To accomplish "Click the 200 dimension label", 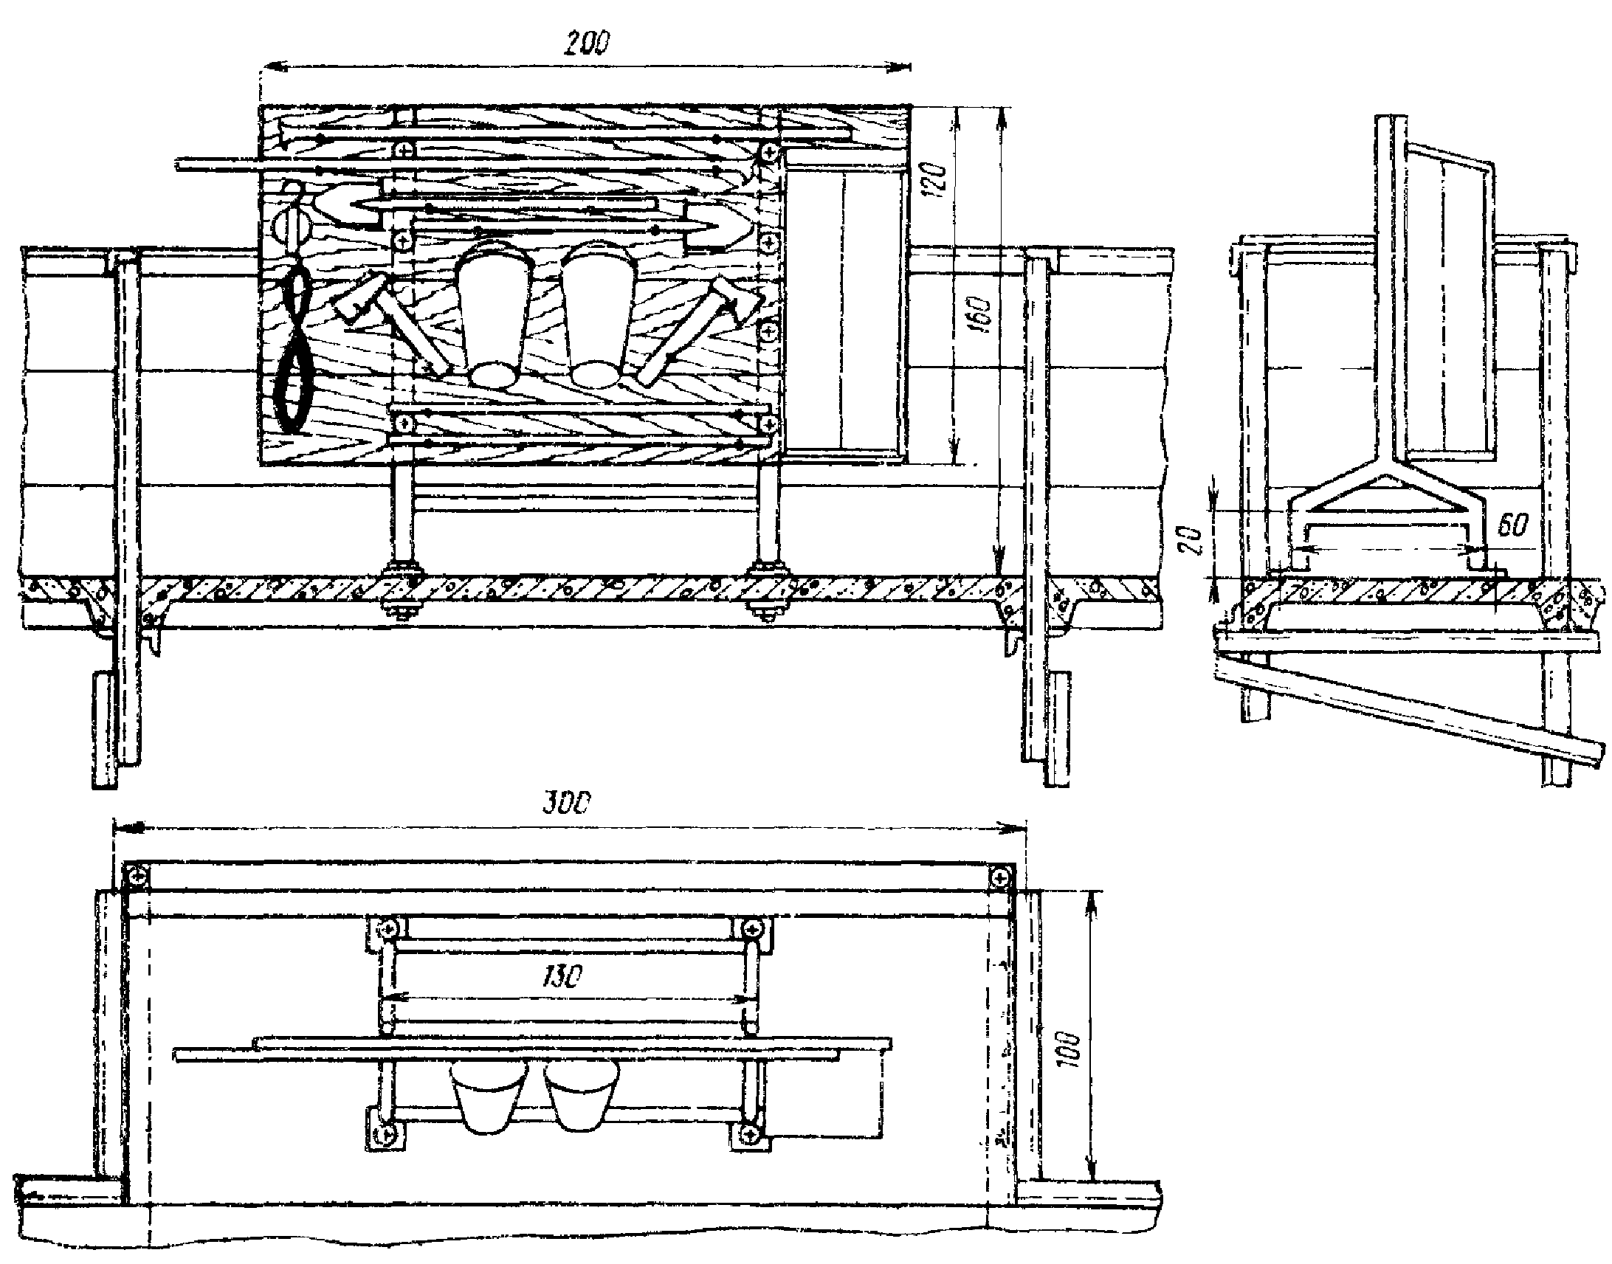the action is [x=586, y=44].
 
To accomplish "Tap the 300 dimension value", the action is [x=566, y=803].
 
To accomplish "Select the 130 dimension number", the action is [x=562, y=977].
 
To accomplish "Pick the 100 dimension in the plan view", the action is [x=1071, y=1049].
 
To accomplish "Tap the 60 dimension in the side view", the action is [x=1512, y=524].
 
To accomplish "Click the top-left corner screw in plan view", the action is [x=137, y=877].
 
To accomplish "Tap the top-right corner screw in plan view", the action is [x=1000, y=877].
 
